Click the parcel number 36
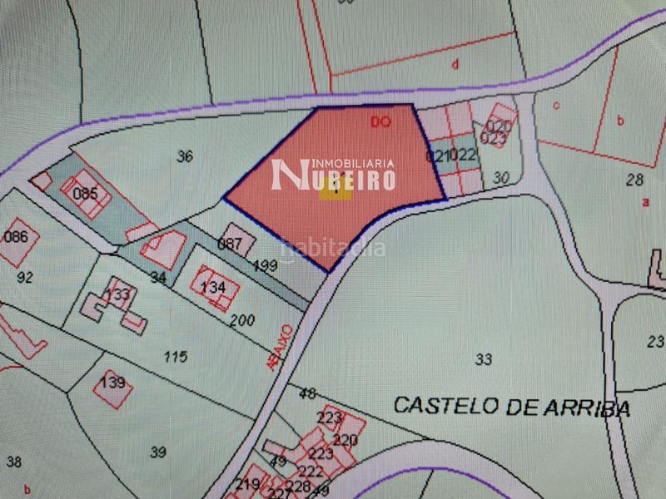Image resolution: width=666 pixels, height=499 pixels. pos(185,156)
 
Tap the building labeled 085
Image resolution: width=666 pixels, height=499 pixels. pos(85,194)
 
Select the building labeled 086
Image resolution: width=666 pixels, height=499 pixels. pos(16,237)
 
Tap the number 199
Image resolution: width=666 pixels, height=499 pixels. pos(266,266)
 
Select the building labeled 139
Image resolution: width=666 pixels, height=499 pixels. pos(112,383)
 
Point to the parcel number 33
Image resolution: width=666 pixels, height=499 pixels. pos(483,359)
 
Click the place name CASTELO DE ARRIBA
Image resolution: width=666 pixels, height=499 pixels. pos(511,407)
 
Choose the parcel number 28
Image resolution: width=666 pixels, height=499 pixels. pos(635,179)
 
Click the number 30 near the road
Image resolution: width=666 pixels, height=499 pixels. pos(500,176)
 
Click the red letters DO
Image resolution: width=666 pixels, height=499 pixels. pos(380,122)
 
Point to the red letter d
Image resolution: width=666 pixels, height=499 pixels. pos(455,64)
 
